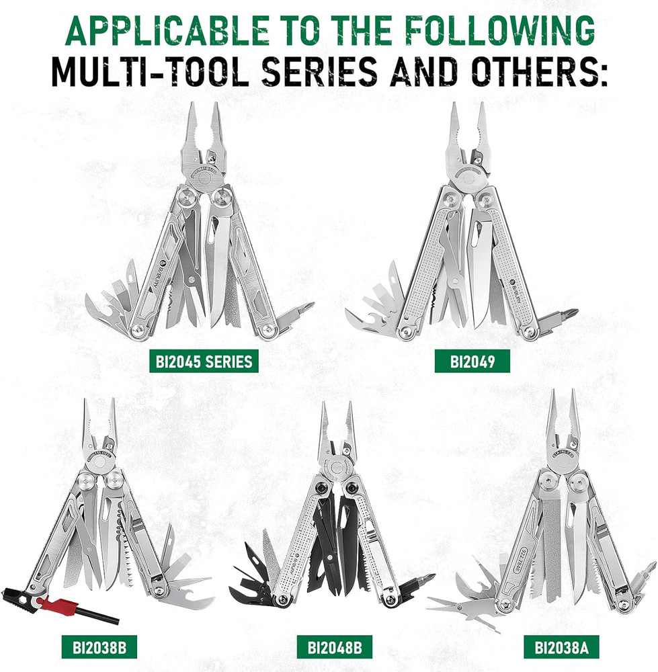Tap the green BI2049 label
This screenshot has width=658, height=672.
click(x=472, y=362)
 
